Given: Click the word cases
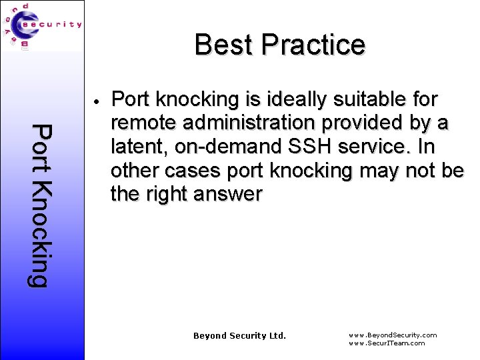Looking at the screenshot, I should (x=191, y=171).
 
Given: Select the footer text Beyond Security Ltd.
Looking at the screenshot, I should (x=239, y=335).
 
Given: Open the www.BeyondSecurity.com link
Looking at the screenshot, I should (x=393, y=335).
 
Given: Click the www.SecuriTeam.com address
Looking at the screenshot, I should (x=387, y=343).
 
